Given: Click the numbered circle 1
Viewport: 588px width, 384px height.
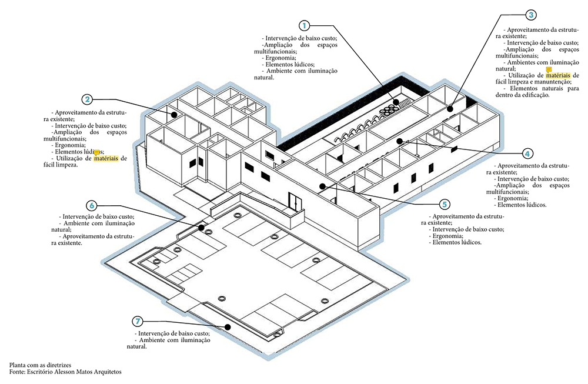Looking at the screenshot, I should (x=304, y=25).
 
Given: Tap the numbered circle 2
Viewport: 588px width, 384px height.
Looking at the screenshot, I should (x=86, y=99).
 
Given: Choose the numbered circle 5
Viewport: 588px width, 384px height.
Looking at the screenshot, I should (x=445, y=204).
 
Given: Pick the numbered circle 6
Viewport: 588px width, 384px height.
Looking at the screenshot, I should (x=91, y=205).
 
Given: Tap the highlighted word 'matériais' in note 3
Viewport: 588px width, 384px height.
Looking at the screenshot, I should (x=558, y=75).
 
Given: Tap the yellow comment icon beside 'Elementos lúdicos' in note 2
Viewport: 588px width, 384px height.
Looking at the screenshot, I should (x=97, y=152).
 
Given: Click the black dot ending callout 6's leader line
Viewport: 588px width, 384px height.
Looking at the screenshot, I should (x=201, y=227).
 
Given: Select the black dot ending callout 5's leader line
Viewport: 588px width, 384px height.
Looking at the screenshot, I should (x=323, y=186).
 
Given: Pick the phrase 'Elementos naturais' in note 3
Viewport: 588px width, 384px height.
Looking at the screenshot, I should (x=533, y=88).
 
